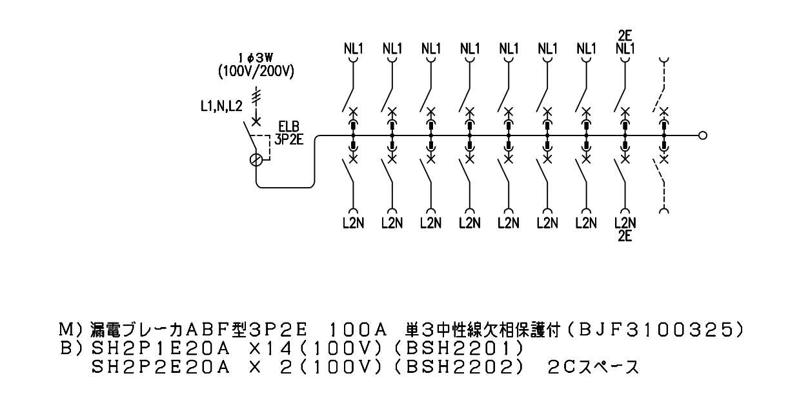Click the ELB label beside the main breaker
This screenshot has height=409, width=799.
point(289,126)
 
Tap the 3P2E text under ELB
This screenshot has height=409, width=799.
point(289,139)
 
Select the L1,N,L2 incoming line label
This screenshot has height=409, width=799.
point(221,106)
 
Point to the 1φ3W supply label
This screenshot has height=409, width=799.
point(256,58)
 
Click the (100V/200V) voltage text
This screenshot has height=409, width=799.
point(256,72)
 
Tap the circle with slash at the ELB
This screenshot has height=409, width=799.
point(256,160)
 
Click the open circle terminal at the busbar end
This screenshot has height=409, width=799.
point(703,135)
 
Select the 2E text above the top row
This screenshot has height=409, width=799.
point(625,35)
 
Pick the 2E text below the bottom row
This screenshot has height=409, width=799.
point(625,236)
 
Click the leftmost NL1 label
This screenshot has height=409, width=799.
point(353,49)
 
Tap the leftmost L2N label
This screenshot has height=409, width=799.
point(353,223)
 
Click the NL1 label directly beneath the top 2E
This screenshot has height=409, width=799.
point(625,49)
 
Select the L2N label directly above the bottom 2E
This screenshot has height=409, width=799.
point(625,223)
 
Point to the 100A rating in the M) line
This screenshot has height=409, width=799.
point(358,330)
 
